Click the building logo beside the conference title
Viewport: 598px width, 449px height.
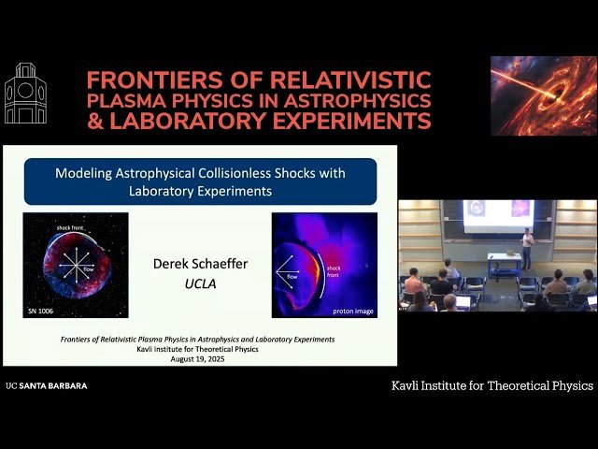(x=25, y=94)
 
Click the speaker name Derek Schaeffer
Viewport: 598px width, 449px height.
(x=200, y=264)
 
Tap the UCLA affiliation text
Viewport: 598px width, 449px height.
(x=200, y=282)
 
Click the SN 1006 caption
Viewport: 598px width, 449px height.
(x=43, y=310)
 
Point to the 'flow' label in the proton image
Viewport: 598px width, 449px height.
(x=288, y=276)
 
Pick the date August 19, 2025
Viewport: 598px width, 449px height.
(x=200, y=357)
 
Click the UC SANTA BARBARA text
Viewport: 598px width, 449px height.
(x=47, y=385)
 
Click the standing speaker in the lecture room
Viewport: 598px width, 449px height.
(x=527, y=248)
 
